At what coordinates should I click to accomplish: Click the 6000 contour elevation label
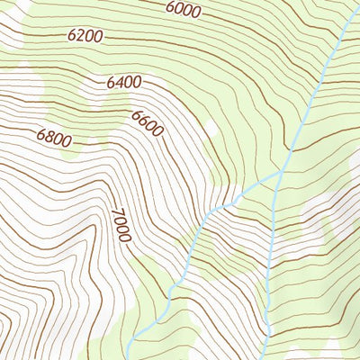pos(184,9)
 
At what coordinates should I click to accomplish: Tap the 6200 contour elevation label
pos(85,36)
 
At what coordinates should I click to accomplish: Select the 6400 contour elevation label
pos(124,83)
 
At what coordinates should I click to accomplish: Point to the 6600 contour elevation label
pos(148,123)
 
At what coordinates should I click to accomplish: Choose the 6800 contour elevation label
pos(54,139)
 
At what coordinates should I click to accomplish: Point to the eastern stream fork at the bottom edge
pos(267,355)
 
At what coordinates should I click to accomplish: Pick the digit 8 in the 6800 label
pos(49,138)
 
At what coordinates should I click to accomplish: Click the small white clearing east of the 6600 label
pos(210,130)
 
